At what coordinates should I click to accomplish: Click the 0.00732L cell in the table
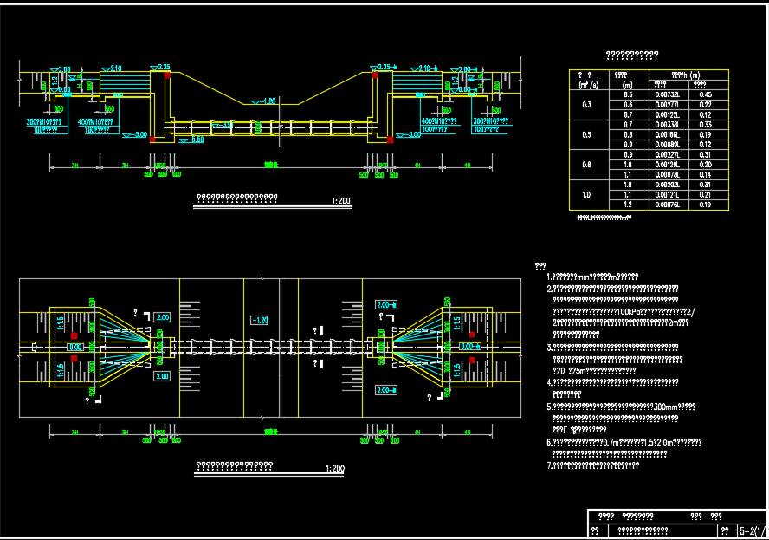pos(667,94)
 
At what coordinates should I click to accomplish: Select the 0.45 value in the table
pos(705,94)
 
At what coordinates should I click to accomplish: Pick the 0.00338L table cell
pos(667,125)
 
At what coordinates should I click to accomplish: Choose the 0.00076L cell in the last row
pos(667,205)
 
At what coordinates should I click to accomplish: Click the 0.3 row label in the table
pos(586,104)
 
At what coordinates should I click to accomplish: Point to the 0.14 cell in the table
pos(705,174)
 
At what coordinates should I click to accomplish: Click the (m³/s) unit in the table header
pos(586,85)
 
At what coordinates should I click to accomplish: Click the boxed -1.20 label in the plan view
pos(259,320)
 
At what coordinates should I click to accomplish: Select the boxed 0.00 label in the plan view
pos(75,347)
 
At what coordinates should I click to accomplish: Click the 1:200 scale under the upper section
pos(340,202)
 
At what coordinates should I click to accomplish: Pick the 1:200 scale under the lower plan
pos(334,469)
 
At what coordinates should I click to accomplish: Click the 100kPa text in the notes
pos(625,310)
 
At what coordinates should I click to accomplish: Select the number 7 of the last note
pos(549,465)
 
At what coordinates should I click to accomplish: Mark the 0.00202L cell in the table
pos(667,185)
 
